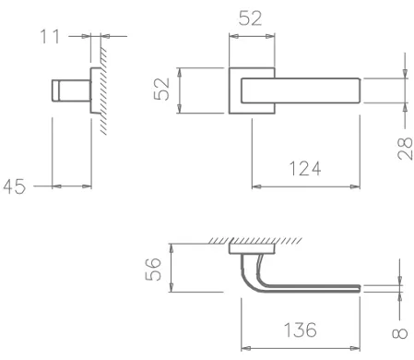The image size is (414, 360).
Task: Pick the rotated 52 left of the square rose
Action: pos(163,90)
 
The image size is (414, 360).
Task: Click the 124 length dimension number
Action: pos(304,170)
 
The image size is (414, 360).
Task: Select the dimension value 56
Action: pos(157,269)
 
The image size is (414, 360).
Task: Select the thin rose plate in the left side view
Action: pos(93,90)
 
